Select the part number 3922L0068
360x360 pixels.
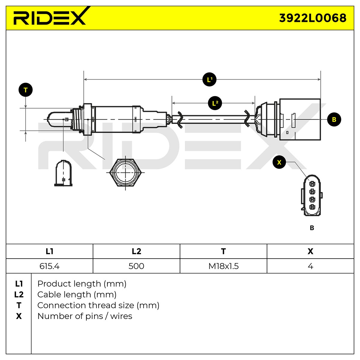click(x=313, y=18)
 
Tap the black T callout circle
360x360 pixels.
click(x=25, y=90)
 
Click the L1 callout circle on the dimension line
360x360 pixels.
click(x=209, y=79)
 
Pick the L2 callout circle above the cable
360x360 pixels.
click(x=215, y=103)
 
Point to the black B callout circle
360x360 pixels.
click(x=334, y=119)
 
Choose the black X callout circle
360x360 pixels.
click(x=279, y=162)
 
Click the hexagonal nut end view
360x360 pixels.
click(x=125, y=172)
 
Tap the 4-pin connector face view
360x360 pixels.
click(x=311, y=195)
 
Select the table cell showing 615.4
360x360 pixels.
click(x=49, y=266)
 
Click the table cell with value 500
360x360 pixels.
click(x=136, y=266)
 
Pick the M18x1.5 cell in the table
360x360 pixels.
click(x=223, y=266)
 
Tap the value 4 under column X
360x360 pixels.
click(x=310, y=266)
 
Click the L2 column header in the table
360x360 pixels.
click(x=136, y=251)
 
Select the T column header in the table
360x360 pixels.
click(x=223, y=251)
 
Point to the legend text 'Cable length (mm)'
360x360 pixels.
click(x=77, y=295)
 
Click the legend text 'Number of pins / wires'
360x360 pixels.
click(x=85, y=316)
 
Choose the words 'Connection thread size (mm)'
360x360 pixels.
click(x=98, y=305)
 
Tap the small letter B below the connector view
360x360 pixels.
click(x=312, y=228)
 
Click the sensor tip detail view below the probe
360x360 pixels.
click(x=63, y=173)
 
